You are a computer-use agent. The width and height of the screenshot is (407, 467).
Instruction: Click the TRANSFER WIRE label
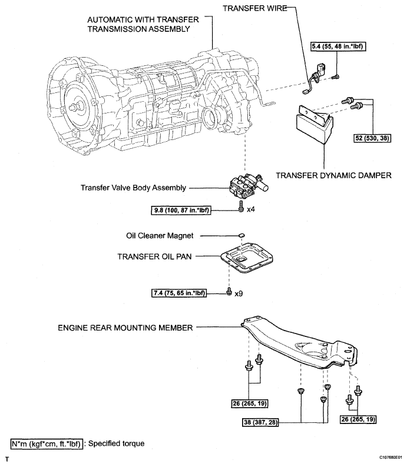point(255,9)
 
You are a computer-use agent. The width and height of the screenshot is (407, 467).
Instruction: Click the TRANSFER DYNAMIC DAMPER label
point(334,175)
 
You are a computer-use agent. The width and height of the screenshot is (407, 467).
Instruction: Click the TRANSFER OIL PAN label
point(155,256)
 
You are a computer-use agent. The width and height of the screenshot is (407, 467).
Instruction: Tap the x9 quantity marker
point(239,292)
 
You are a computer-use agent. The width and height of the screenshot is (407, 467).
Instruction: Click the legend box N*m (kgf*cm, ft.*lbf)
point(45,441)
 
